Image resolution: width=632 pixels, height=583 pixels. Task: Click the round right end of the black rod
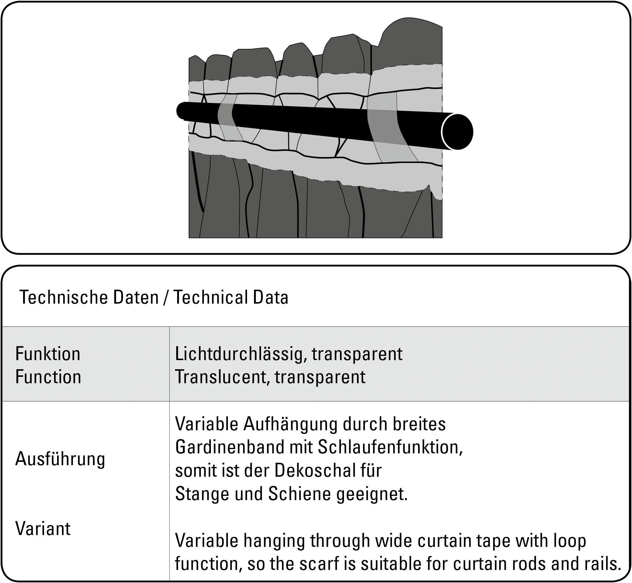coord(457,131)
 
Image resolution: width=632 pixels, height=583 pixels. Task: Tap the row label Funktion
coord(48,354)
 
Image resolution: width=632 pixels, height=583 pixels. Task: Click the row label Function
coord(48,377)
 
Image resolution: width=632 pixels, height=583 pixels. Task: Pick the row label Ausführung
coord(60,459)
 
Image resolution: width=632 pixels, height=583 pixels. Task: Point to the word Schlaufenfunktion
coord(390,447)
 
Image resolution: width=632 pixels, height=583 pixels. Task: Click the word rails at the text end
coord(599,564)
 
